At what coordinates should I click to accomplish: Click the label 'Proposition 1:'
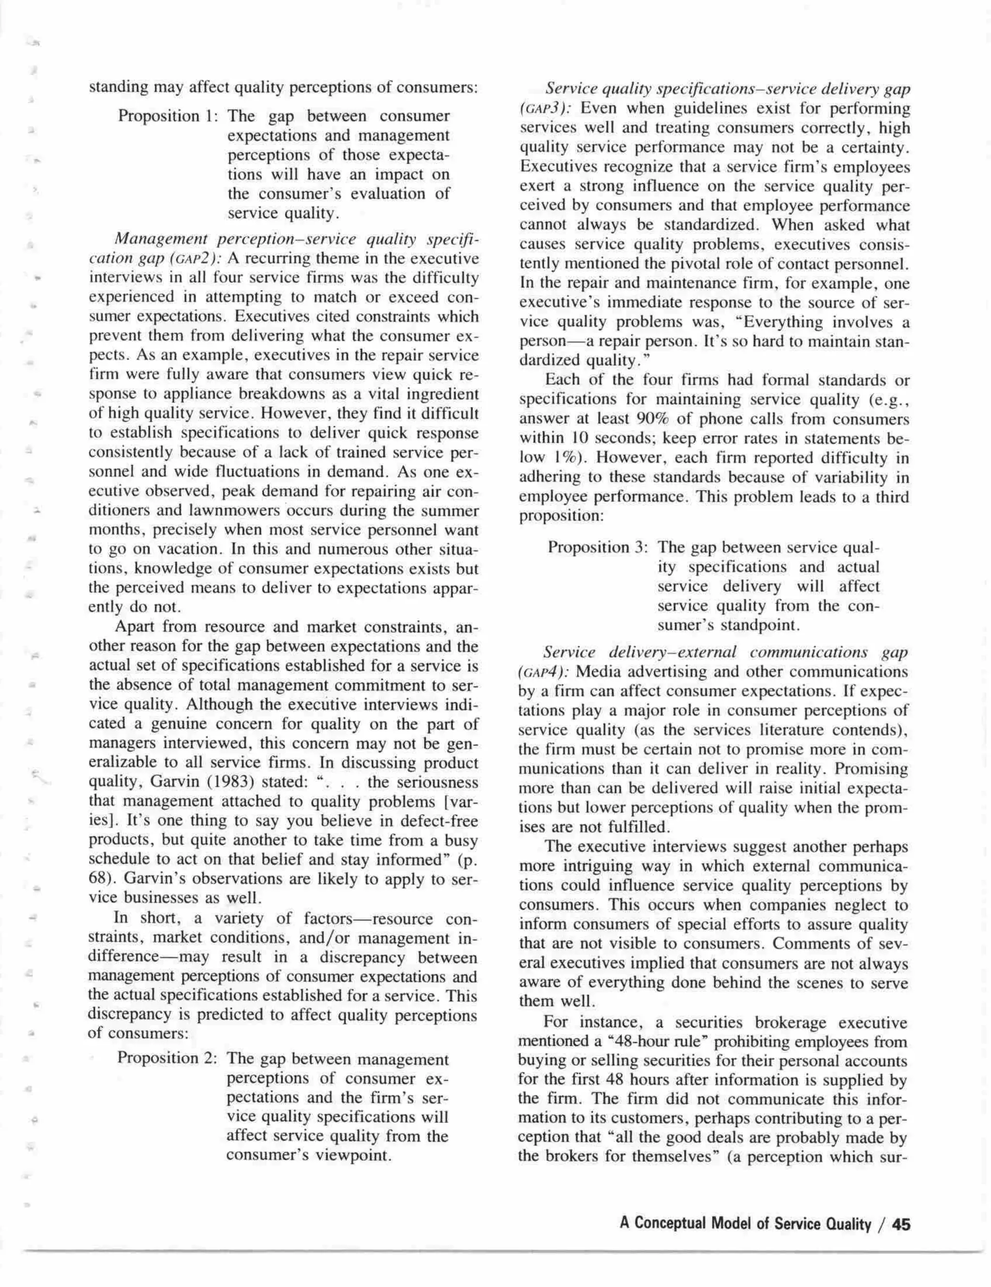tap(168, 116)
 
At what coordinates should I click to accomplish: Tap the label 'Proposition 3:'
tap(598, 547)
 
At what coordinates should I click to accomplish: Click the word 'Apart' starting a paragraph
tap(135, 626)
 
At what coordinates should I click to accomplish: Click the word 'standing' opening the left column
tap(118, 88)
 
